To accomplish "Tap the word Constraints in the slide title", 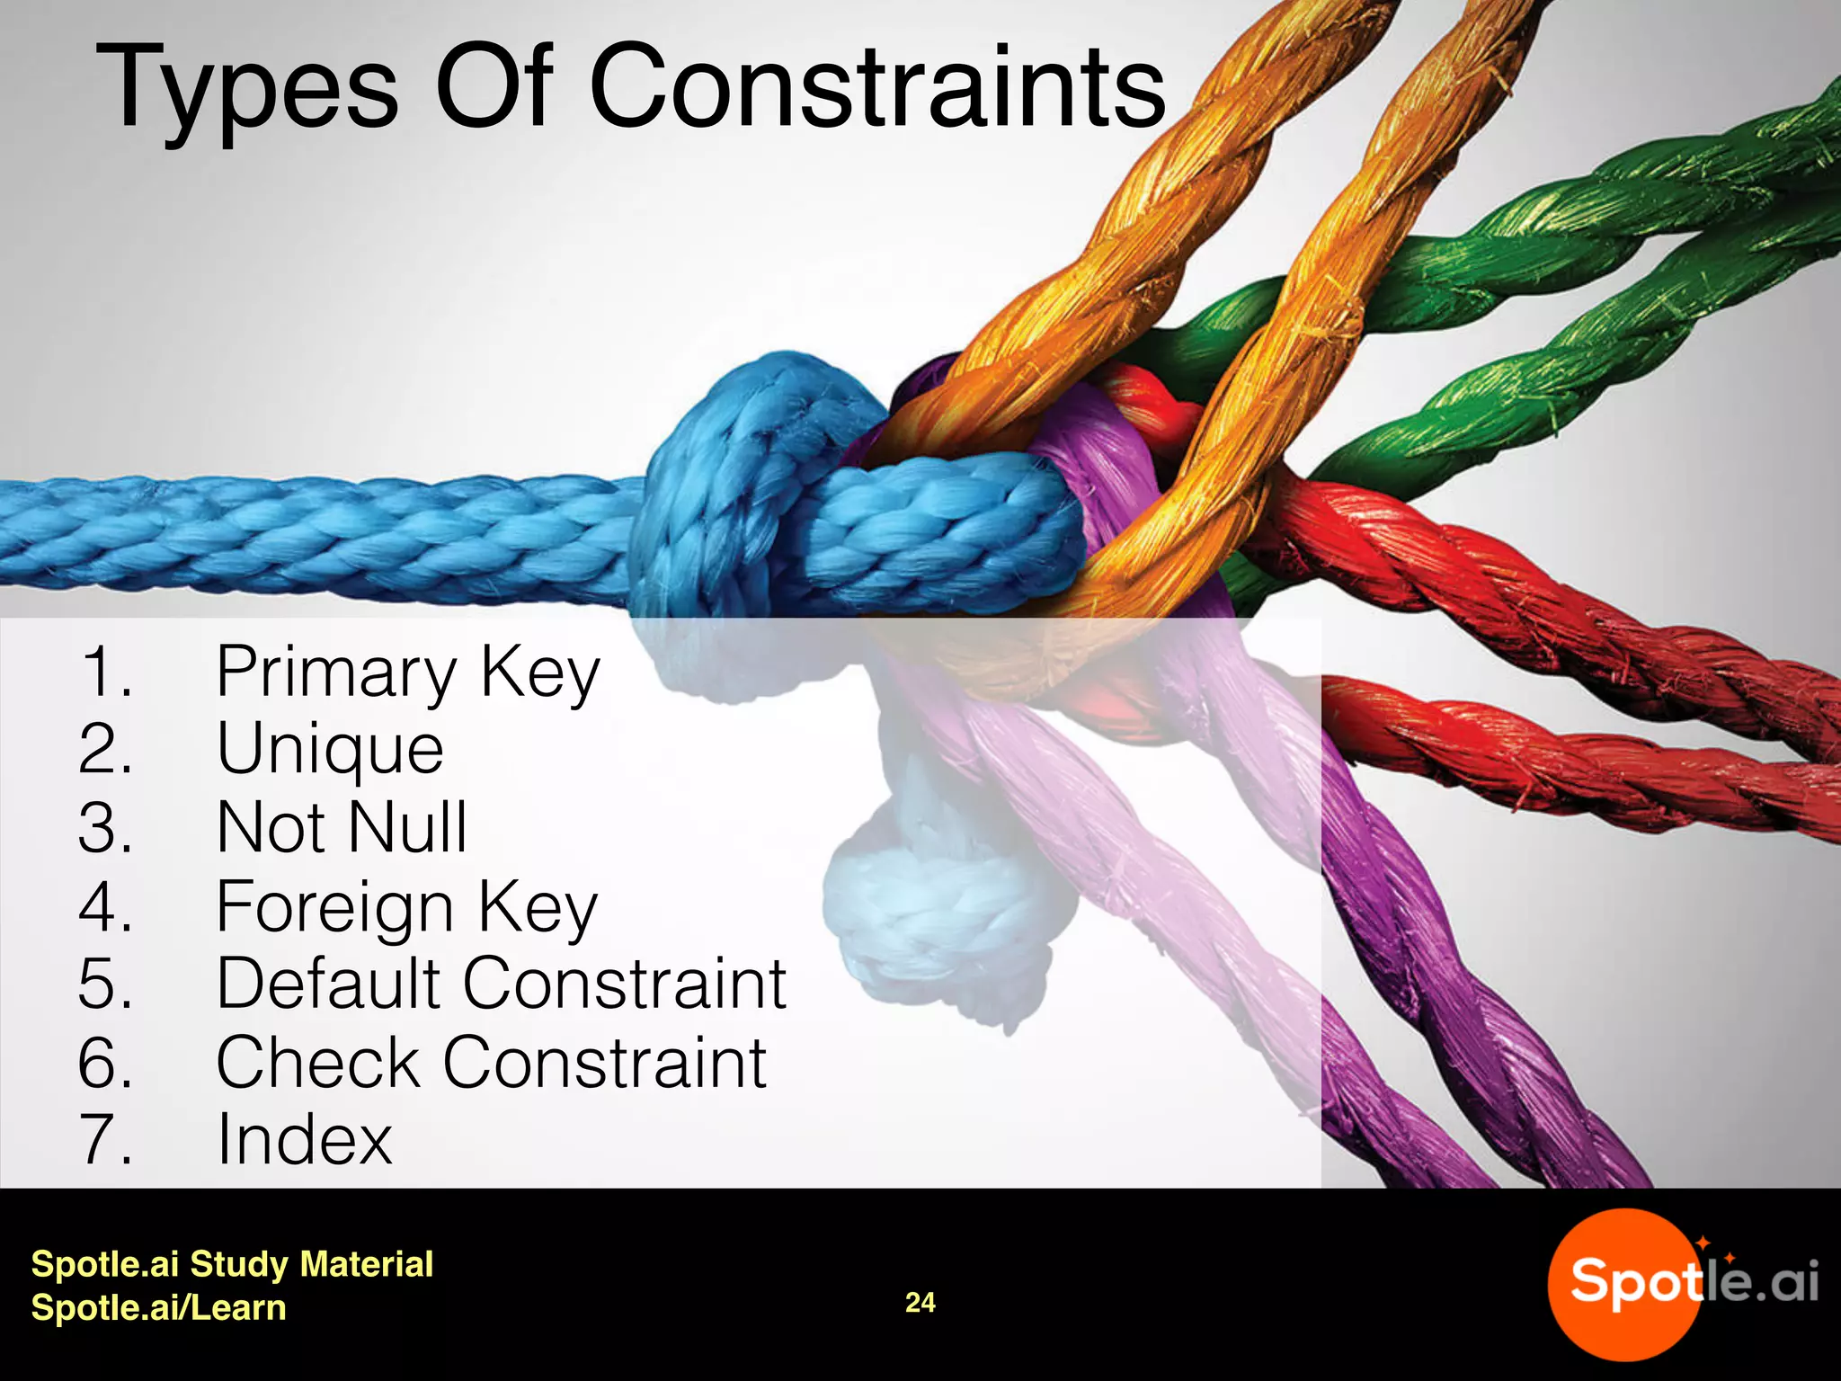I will click(877, 88).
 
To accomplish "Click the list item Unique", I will click(330, 749).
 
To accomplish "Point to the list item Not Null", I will click(342, 827).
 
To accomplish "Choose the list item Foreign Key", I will click(406, 905).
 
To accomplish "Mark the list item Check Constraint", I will click(491, 1062).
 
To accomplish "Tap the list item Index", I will click(305, 1139).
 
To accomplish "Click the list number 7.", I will click(106, 1139).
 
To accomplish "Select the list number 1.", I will click(106, 672).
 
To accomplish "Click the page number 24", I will click(920, 1303).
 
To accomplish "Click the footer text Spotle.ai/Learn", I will click(158, 1307).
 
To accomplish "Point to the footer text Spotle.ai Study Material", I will click(232, 1264).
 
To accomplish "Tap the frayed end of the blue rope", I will click(935, 917).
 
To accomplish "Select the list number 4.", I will click(106, 905).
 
